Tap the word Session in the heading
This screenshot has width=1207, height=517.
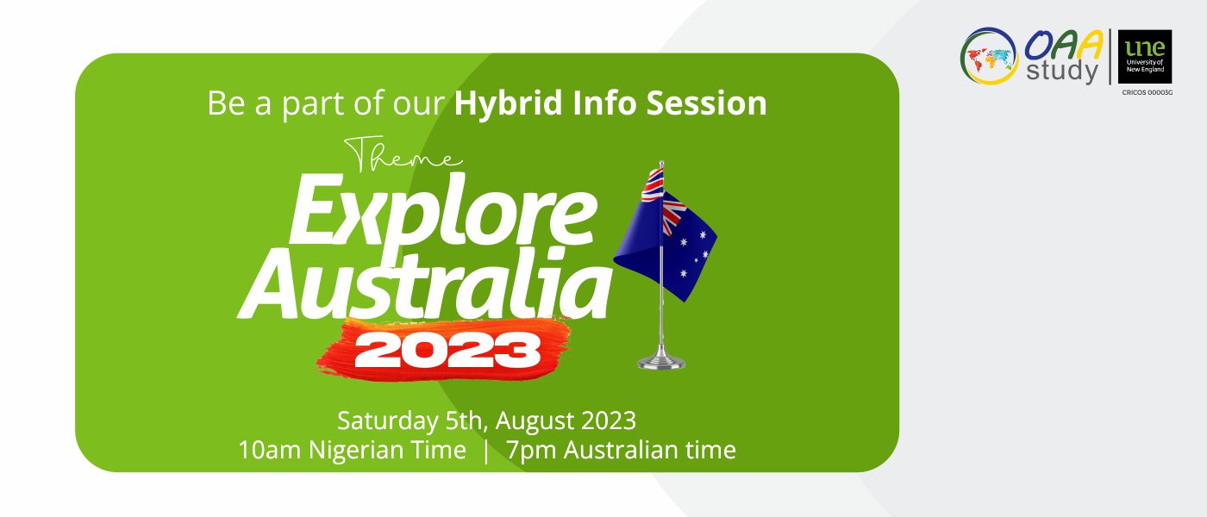pos(706,103)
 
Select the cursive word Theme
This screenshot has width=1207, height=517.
pos(403,153)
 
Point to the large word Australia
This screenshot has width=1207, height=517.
pos(426,284)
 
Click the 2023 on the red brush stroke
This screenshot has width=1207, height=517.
pos(447,351)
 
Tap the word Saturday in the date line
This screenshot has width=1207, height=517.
pos(387,420)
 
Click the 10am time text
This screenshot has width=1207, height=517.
pos(269,450)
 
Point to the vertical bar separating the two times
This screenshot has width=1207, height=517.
pos(486,451)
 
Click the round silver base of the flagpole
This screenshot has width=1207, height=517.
pos(661,361)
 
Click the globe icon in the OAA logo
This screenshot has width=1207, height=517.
pos(989,55)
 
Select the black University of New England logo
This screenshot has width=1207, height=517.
pos(1145,57)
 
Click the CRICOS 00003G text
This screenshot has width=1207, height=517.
pos(1148,93)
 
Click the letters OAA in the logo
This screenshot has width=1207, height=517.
pos(1062,45)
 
